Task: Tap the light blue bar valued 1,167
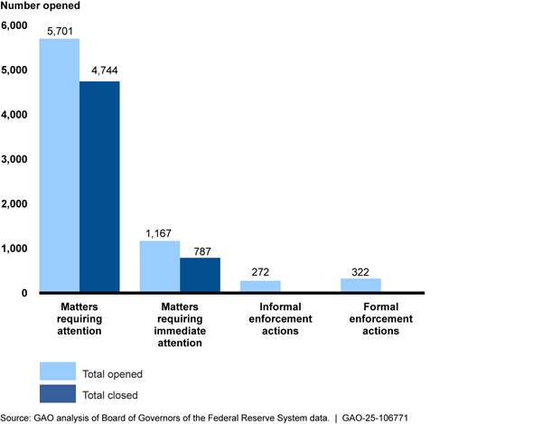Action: pos(159,267)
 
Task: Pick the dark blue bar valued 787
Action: pos(200,275)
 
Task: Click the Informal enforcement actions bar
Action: pos(260,287)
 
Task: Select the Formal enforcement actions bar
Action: pos(360,286)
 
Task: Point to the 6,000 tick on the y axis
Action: pos(15,26)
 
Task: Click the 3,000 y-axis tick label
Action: pos(15,160)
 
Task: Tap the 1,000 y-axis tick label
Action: pos(15,249)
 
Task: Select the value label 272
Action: pos(260,271)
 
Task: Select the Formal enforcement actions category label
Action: pos(380,319)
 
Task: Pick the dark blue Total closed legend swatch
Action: pos(58,394)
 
